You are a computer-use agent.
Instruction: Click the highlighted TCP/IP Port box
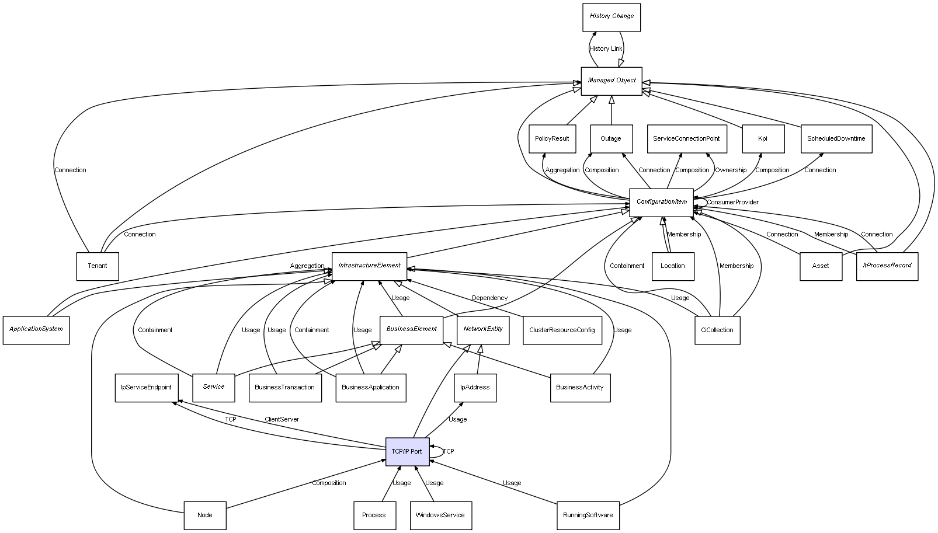pyautogui.click(x=407, y=451)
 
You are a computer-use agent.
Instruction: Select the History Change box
pyautogui.click(x=612, y=17)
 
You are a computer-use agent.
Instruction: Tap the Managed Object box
pyautogui.click(x=612, y=81)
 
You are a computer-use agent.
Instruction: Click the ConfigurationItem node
pyautogui.click(x=661, y=202)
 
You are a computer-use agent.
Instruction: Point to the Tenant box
pyautogui.click(x=98, y=266)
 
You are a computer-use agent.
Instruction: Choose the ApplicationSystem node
pyautogui.click(x=36, y=330)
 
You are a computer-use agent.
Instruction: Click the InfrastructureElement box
pyautogui.click(x=369, y=266)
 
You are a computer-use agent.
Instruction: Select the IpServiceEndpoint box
pyautogui.click(x=146, y=388)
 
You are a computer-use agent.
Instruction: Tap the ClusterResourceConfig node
pyautogui.click(x=562, y=330)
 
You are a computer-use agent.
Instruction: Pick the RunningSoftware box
pyautogui.click(x=588, y=515)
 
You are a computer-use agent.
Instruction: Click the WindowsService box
pyautogui.click(x=440, y=515)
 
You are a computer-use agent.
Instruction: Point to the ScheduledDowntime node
pyautogui.click(x=836, y=139)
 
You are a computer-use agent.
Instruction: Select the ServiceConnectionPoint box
pyautogui.click(x=686, y=139)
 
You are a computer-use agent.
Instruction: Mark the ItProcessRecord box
pyautogui.click(x=887, y=266)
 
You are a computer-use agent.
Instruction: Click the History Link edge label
pyautogui.click(x=606, y=49)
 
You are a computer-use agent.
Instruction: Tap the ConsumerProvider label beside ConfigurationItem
pyautogui.click(x=732, y=203)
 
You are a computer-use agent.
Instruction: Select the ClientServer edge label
pyautogui.click(x=282, y=420)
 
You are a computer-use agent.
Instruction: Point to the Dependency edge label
pyautogui.click(x=489, y=298)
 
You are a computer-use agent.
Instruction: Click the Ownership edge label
pyautogui.click(x=731, y=170)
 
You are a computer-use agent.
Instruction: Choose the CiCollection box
pyautogui.click(x=717, y=330)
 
